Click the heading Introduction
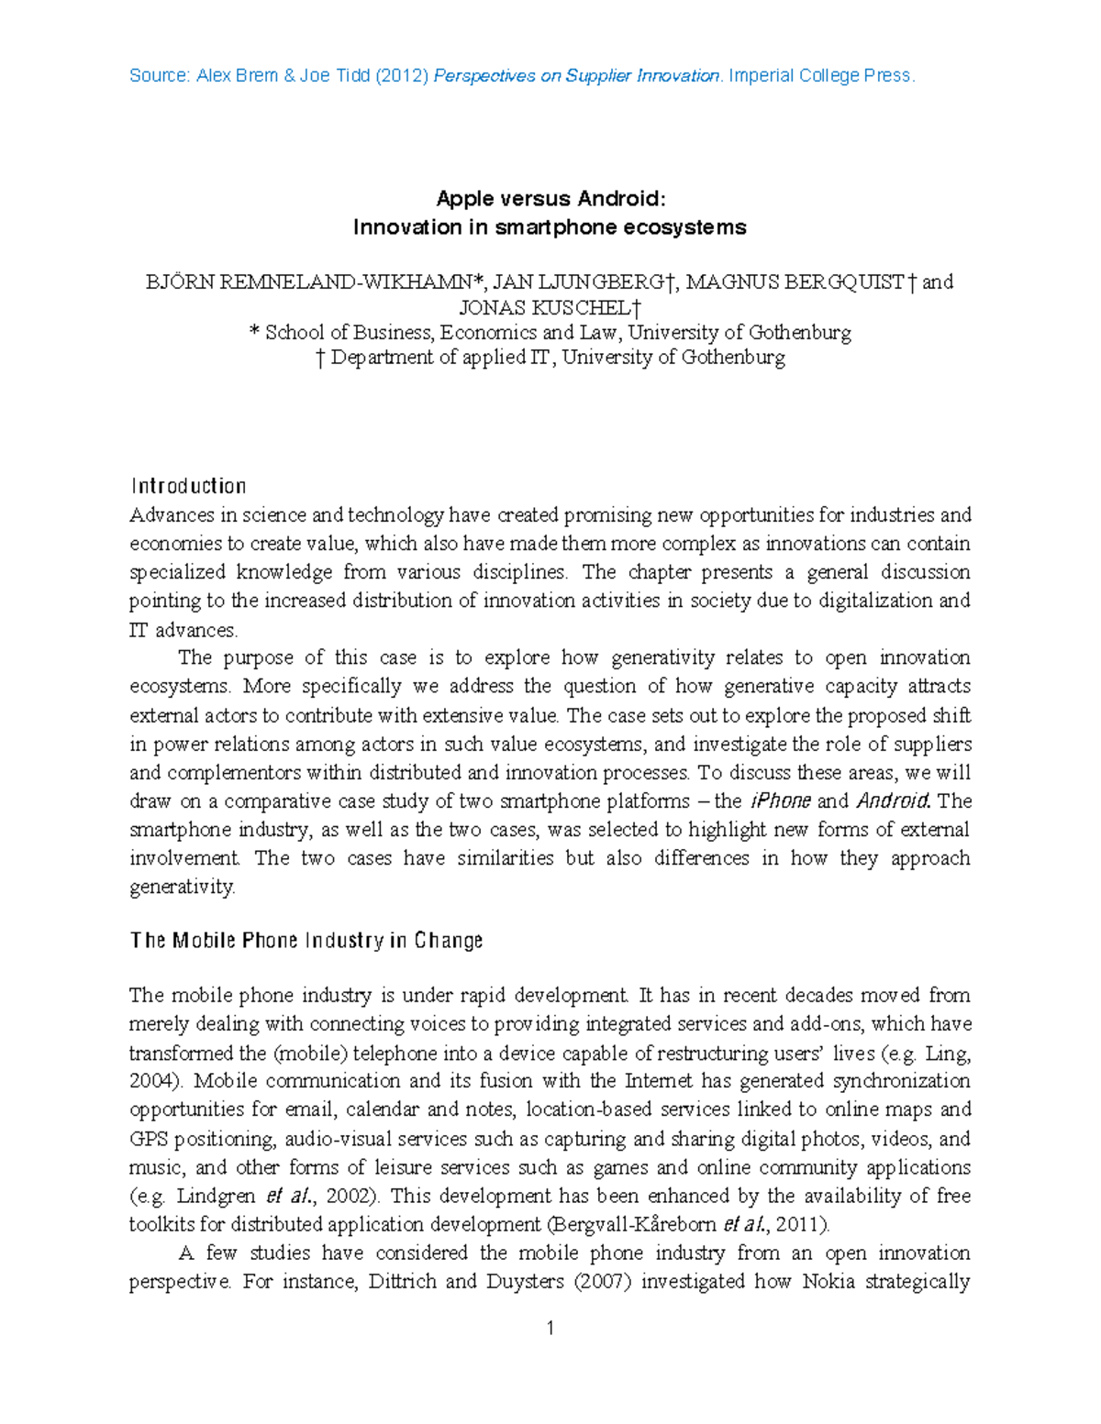(x=188, y=486)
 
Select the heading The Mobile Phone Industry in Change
(x=306, y=941)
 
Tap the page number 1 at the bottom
(x=550, y=1329)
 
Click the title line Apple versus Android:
(x=550, y=199)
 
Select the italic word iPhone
(x=780, y=801)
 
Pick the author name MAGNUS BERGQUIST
(x=795, y=282)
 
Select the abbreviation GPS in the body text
(x=149, y=1140)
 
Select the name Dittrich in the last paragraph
(x=401, y=1282)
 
